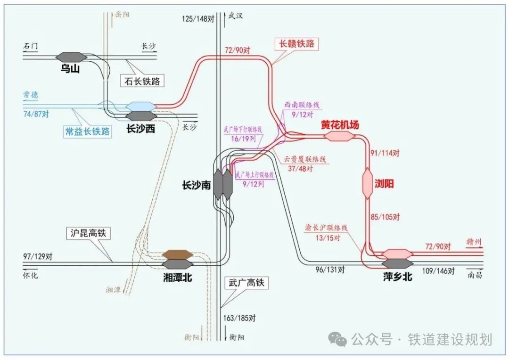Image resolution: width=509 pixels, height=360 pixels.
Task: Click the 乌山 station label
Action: click(x=71, y=69)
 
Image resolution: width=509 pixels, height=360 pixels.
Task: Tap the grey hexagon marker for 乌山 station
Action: click(x=71, y=57)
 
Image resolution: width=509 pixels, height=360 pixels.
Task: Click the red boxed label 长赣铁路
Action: click(x=296, y=44)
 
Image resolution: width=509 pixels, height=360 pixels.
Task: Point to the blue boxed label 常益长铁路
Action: click(x=88, y=131)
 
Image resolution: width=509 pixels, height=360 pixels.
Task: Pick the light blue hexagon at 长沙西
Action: click(x=141, y=106)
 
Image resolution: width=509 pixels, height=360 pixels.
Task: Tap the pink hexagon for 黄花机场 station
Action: click(x=339, y=136)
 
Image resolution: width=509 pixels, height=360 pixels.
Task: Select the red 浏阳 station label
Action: click(x=385, y=184)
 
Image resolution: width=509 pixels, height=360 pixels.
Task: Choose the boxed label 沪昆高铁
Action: click(x=88, y=233)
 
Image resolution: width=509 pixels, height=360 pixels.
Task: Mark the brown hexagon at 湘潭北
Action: click(x=178, y=254)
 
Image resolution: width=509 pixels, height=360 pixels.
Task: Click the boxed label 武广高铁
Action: click(x=245, y=283)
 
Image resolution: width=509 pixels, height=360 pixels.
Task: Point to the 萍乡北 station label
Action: click(x=398, y=277)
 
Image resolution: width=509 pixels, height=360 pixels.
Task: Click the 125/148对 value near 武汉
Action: click(x=198, y=19)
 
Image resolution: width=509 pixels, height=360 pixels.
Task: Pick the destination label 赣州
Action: click(x=474, y=243)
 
